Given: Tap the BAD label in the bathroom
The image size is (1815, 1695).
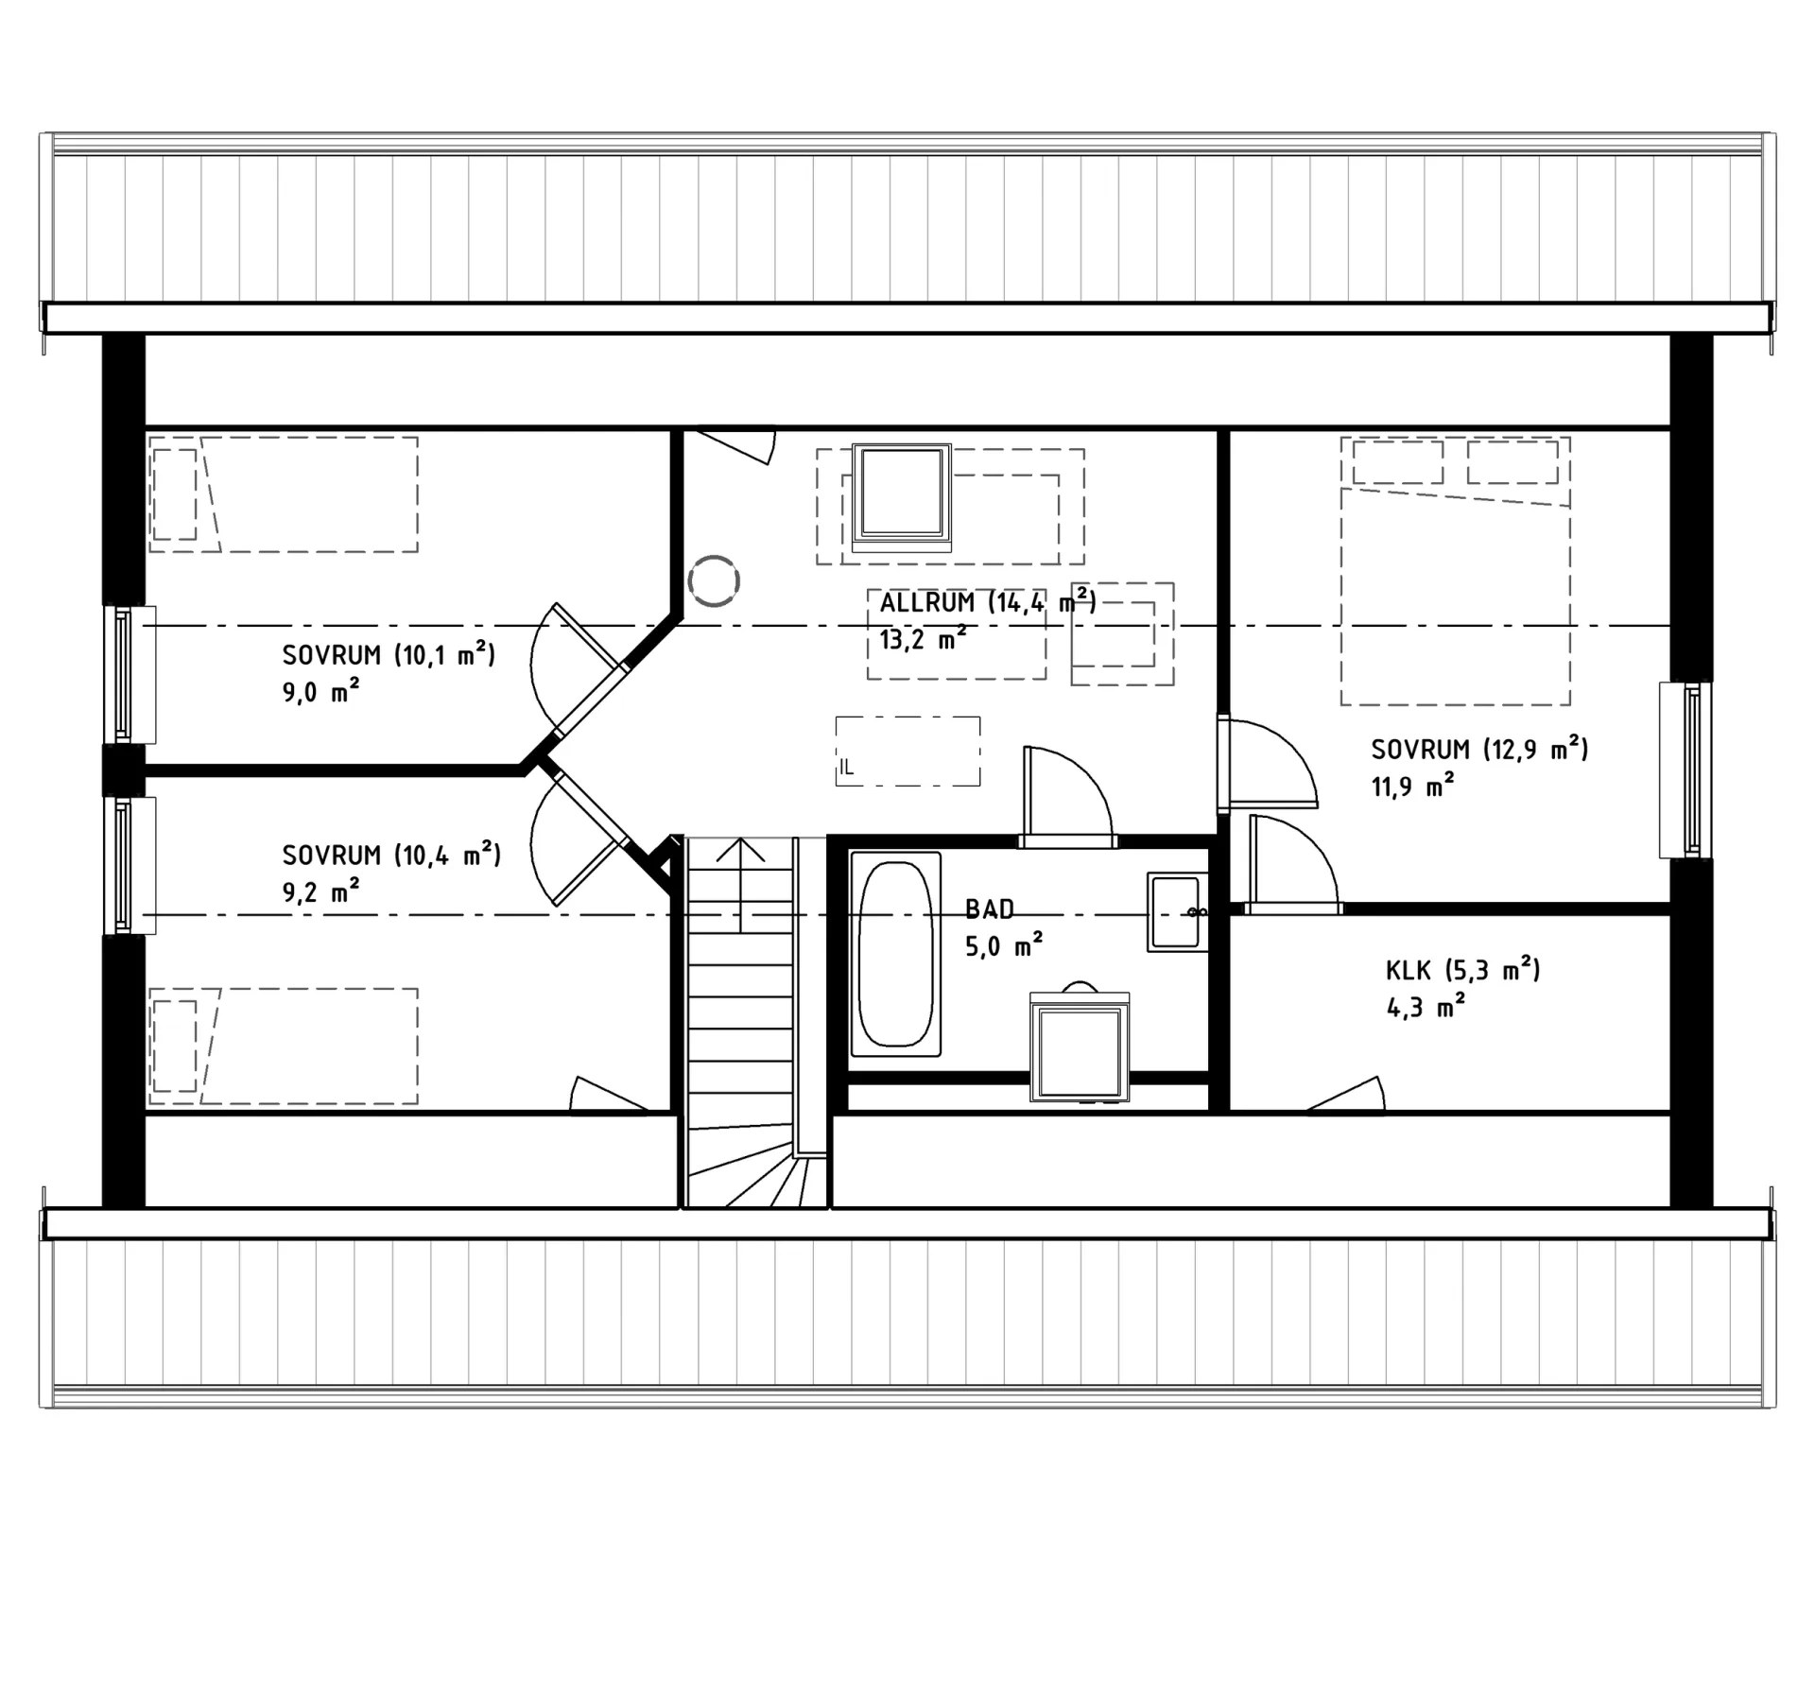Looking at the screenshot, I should [989, 909].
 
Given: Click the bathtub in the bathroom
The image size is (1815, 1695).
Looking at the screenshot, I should [894, 953].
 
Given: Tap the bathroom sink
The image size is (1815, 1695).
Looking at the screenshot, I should [1177, 911].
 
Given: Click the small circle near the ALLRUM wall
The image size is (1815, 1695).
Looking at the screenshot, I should [713, 580].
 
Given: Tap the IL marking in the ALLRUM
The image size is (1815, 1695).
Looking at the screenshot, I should [846, 769].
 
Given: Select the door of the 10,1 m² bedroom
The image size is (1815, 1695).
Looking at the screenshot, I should [579, 671].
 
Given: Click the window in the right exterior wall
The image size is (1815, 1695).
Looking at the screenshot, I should [1685, 770].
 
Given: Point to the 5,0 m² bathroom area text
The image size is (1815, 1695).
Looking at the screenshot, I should [1003, 946].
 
